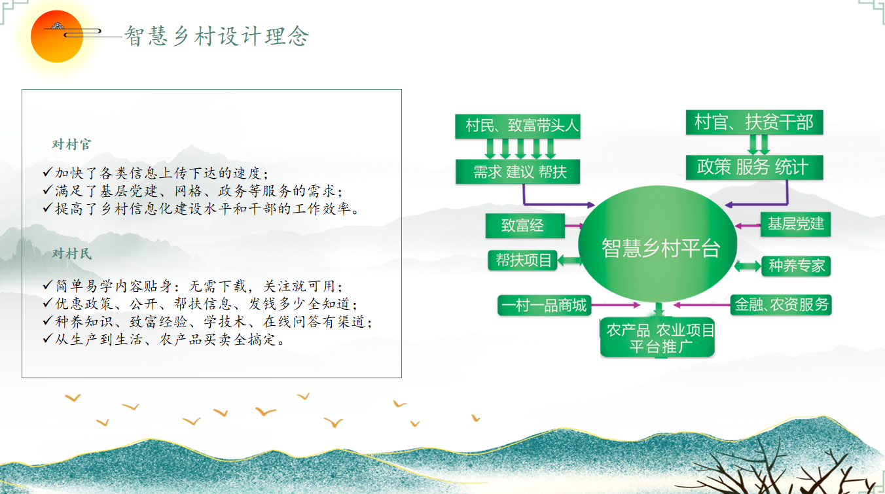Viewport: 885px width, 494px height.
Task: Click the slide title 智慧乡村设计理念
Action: (217, 37)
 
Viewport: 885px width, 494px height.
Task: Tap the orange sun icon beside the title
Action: (57, 37)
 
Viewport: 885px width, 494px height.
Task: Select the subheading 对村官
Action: (72, 145)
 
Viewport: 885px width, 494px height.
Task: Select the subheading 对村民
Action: (72, 254)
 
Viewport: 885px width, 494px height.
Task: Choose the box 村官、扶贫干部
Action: (753, 122)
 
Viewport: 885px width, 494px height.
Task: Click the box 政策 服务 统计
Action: (753, 168)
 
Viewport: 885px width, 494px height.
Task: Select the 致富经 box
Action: (524, 226)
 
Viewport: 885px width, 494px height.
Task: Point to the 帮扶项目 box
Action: (523, 260)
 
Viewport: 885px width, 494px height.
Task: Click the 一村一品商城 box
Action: (543, 305)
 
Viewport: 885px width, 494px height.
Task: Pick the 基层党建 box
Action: (795, 224)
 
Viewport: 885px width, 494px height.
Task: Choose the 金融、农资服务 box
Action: (781, 304)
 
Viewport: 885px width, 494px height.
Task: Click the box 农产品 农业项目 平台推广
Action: (657, 338)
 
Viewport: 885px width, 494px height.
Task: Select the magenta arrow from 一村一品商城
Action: (615, 305)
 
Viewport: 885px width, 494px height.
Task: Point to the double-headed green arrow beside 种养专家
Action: (748, 266)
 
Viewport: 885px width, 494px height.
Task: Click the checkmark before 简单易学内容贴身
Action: (47, 287)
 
